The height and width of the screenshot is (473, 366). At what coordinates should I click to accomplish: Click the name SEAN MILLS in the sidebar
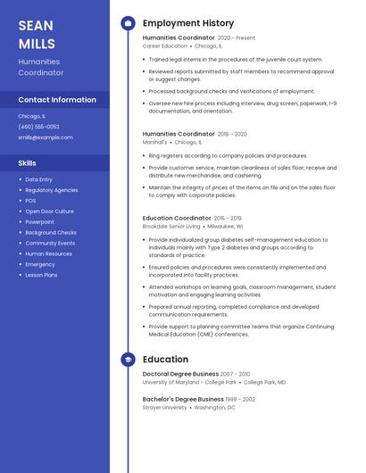(x=37, y=34)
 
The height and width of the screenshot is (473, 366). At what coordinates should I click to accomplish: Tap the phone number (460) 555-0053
(x=38, y=127)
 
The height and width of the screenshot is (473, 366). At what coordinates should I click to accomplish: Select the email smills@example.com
(x=46, y=137)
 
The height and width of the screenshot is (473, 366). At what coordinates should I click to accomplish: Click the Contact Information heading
(x=57, y=100)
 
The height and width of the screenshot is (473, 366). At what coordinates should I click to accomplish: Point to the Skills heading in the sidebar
(x=28, y=163)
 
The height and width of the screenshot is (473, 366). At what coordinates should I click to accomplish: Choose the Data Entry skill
(x=38, y=179)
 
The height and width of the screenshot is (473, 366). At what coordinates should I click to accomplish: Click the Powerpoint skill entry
(x=39, y=221)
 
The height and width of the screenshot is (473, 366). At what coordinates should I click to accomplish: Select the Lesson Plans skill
(x=41, y=275)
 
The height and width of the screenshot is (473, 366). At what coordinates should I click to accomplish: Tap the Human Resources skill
(x=48, y=253)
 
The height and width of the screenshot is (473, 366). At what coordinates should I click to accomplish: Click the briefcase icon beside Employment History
(x=128, y=23)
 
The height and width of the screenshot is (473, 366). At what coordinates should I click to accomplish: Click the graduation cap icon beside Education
(x=128, y=360)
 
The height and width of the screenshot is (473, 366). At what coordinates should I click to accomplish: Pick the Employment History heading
(x=187, y=23)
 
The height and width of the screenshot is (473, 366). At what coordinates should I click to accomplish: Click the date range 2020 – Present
(x=237, y=38)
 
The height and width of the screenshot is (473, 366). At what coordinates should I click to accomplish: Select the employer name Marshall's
(x=154, y=142)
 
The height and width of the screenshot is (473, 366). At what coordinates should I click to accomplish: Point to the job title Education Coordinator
(x=177, y=218)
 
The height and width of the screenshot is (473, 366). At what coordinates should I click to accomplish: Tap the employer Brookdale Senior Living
(x=171, y=227)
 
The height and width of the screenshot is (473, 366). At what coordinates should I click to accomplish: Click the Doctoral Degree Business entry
(x=180, y=374)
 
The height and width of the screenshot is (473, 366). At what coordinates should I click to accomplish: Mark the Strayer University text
(x=164, y=407)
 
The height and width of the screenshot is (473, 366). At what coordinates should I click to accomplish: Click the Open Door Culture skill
(x=49, y=212)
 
